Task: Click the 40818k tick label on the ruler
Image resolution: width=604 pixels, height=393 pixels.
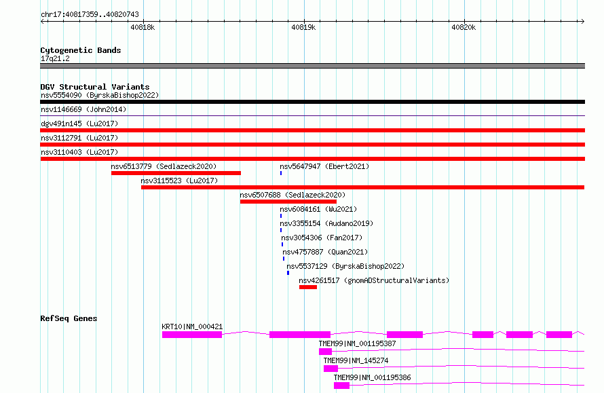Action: pos(143,27)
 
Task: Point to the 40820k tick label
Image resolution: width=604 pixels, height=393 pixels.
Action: pos(464,27)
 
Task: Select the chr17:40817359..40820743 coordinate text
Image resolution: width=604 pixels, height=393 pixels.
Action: pos(90,15)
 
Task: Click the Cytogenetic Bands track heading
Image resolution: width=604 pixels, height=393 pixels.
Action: pos(81,50)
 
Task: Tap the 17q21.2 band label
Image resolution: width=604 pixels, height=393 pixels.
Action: pos(55,58)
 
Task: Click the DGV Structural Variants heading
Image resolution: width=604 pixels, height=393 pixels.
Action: pos(95,87)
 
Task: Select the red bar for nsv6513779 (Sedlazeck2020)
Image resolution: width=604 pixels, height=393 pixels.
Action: pos(176,173)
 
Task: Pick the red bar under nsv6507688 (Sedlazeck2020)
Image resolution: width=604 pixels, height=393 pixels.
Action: pos(288,202)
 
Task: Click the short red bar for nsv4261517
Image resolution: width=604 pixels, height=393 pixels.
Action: pos(308,287)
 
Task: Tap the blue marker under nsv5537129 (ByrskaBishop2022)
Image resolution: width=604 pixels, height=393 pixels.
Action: pos(288,273)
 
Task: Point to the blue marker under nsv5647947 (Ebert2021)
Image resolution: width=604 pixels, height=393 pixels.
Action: pos(281,173)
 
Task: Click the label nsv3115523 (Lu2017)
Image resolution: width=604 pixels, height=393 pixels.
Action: pos(179,181)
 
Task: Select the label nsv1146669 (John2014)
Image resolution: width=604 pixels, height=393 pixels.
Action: pos(83,109)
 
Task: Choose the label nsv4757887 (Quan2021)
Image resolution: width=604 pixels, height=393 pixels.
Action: pos(325,252)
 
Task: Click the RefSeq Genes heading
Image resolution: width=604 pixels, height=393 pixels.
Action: pos(69,318)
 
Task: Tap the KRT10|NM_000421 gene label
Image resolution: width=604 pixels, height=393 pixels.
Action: pos(192,326)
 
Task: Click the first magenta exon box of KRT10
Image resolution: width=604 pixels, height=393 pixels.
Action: pos(192,335)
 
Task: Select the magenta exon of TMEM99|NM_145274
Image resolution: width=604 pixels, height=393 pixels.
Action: pos(331,369)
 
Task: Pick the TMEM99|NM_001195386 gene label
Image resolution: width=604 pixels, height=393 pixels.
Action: pos(372,377)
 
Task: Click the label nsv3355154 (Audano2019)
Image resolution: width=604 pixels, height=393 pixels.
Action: pos(326,223)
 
